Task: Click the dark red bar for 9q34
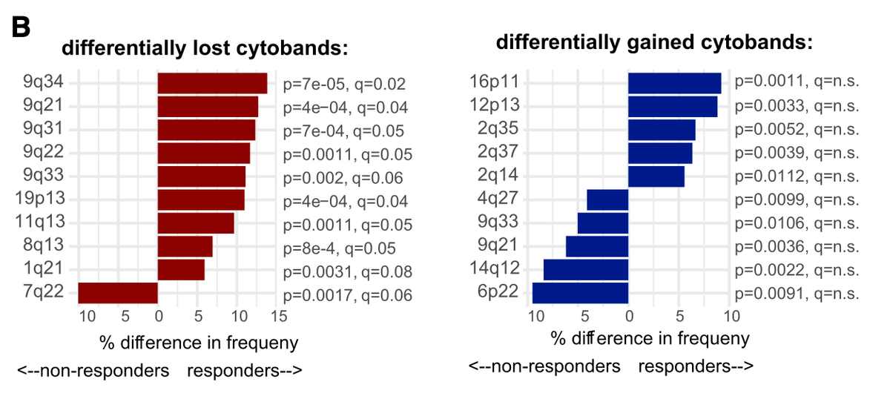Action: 212,83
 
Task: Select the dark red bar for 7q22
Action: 118,293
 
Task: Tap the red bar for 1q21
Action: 181,270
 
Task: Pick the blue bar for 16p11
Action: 674,83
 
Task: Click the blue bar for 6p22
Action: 580,293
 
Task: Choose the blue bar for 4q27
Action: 607,200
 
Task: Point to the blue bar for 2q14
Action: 656,177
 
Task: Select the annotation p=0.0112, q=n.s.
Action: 797,177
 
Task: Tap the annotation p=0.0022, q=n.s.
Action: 797,270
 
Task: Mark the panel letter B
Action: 20,27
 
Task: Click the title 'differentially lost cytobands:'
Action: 205,49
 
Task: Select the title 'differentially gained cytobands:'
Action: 655,42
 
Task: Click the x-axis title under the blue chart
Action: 650,339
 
